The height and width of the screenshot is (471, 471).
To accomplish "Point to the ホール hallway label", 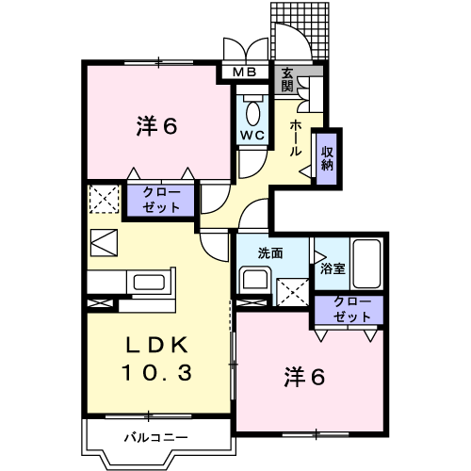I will [296, 137].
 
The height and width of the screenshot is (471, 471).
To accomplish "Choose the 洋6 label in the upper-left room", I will [156, 125].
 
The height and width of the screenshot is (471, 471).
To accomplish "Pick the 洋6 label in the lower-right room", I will [305, 378].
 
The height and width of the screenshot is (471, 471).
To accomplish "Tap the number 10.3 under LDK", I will [156, 372].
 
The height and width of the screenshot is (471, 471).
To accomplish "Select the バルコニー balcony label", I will [155, 436].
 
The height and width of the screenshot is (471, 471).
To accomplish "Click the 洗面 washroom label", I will [272, 253].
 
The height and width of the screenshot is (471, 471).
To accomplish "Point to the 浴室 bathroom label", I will [333, 268].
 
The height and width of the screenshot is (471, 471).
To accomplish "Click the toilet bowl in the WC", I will [251, 112].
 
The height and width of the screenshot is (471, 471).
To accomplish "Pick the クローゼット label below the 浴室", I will [352, 309].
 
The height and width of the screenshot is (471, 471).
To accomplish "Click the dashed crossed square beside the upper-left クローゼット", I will [103, 200].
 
